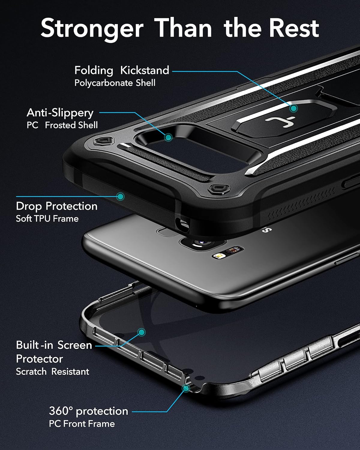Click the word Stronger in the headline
(92, 28)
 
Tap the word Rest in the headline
(293, 28)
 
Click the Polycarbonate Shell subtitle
(115, 83)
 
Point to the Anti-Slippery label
(60, 113)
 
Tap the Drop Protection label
(57, 206)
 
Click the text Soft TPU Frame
(47, 218)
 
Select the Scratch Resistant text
(52, 371)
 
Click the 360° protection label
(88, 411)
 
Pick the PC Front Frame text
(82, 424)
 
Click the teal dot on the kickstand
(293, 108)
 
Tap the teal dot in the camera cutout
(169, 138)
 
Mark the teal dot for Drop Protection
(120, 196)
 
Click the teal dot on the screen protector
(142, 332)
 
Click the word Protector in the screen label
(39, 359)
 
